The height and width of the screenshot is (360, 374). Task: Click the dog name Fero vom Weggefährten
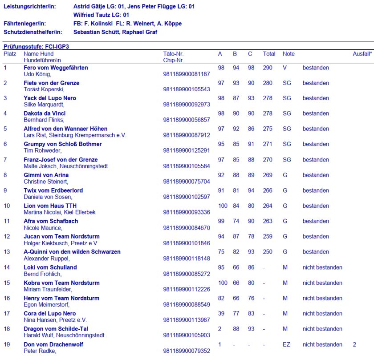(x=56, y=68)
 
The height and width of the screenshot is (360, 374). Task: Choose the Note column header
(x=289, y=54)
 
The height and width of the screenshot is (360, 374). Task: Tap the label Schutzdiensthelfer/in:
(x=33, y=32)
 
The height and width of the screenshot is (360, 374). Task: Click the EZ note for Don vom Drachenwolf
(x=286, y=344)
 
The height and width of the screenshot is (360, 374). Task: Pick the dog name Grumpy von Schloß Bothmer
(x=62, y=144)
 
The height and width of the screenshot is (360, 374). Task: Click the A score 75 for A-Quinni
(x=221, y=252)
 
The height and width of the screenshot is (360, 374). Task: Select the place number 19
(x=7, y=344)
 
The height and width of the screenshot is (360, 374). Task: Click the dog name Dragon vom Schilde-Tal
(x=56, y=329)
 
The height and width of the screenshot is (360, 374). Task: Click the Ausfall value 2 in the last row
(x=354, y=344)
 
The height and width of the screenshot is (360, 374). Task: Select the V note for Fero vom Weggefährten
(x=285, y=68)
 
